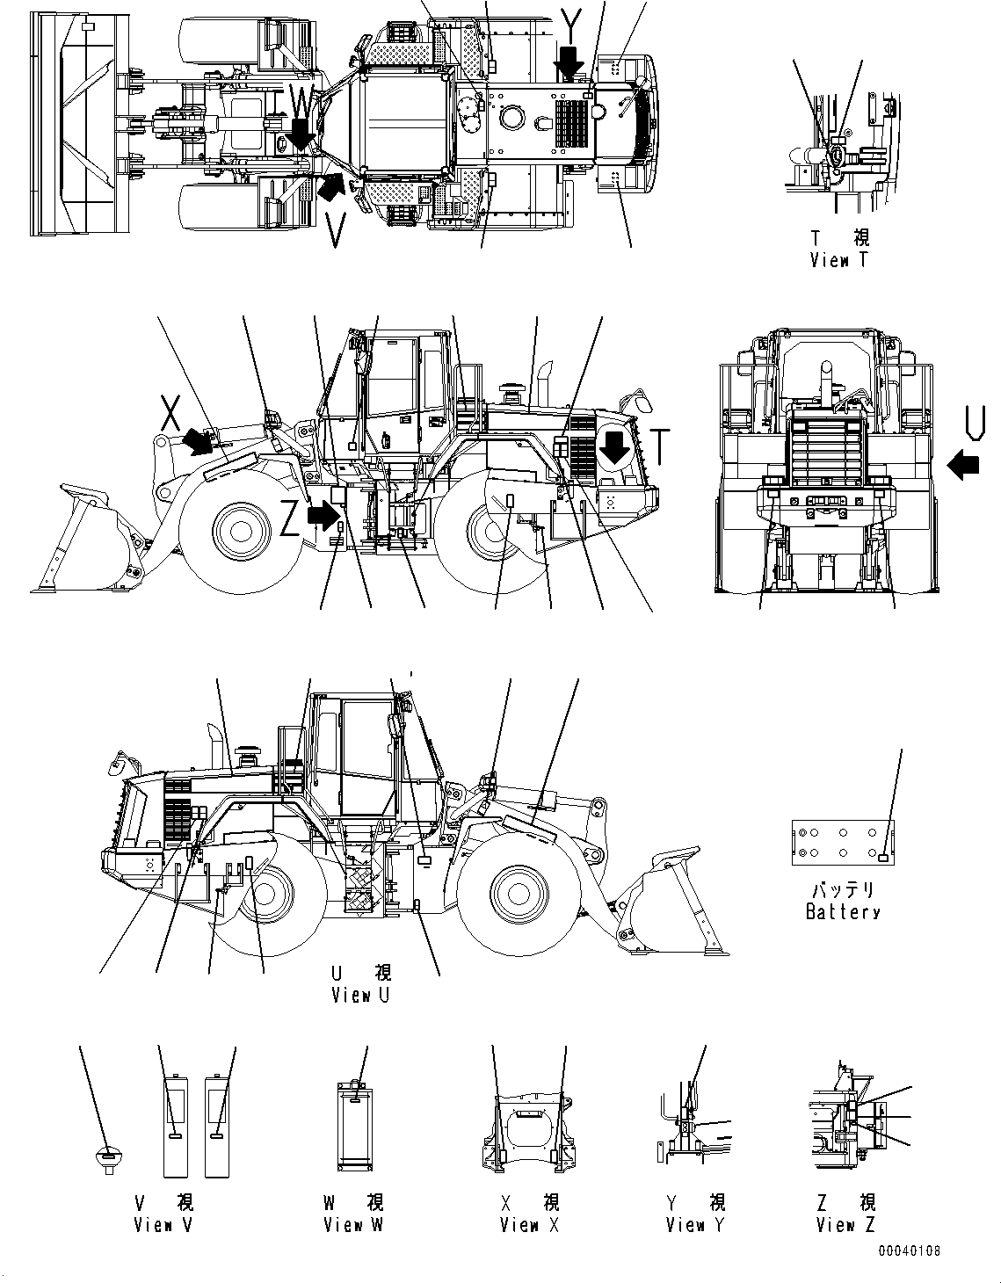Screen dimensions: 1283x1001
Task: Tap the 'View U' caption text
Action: coord(360,995)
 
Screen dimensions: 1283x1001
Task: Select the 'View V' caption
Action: coord(163,1224)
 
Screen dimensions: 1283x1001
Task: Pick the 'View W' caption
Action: coord(353,1224)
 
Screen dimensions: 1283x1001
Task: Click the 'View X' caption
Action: coord(529,1224)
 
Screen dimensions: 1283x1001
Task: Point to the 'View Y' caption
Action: coord(695,1224)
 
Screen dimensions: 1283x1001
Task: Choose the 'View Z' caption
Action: coord(845,1224)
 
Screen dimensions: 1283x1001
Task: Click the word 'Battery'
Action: coord(843,911)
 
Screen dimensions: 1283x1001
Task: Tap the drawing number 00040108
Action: coord(908,1250)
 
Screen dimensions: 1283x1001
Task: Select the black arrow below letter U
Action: coord(964,464)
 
